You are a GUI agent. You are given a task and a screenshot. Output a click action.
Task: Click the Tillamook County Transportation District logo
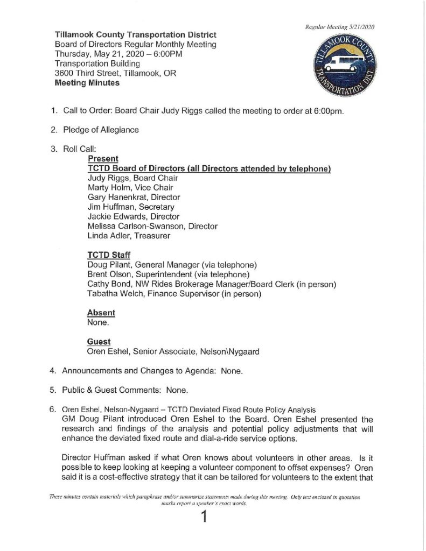click(x=338, y=65)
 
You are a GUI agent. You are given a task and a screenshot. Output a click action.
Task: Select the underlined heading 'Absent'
click(x=101, y=313)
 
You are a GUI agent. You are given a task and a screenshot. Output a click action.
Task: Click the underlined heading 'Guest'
click(x=99, y=341)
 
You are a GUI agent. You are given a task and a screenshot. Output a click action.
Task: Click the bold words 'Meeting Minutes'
click(x=88, y=83)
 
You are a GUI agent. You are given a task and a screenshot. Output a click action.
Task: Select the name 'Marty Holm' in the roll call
click(x=108, y=188)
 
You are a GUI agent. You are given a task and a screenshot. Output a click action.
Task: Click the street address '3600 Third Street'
click(x=87, y=74)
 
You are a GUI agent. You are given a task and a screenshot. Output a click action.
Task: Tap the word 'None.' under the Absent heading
click(x=97, y=322)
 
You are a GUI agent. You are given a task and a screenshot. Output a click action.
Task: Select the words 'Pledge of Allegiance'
click(x=101, y=130)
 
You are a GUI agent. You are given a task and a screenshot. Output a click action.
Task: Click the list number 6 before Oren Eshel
click(x=53, y=409)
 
